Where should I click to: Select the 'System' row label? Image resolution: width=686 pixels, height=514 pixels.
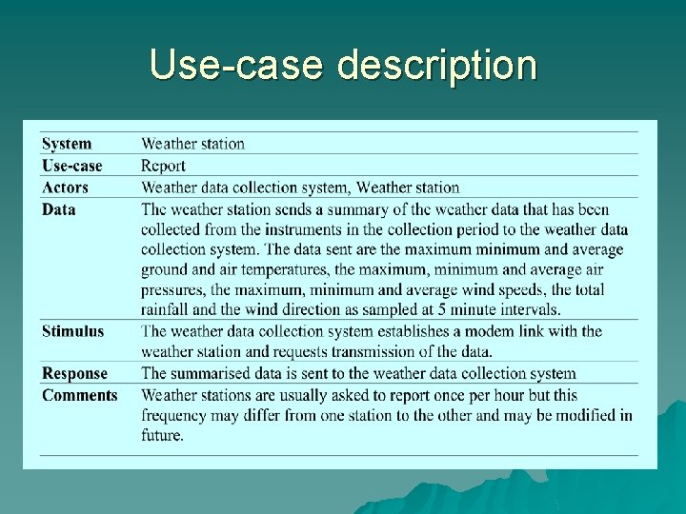coord(67,144)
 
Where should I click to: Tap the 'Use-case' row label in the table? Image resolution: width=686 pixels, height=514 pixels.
coord(71,166)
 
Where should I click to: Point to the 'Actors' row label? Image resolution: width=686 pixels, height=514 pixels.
coord(65,188)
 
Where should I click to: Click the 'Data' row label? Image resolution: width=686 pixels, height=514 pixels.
coord(58,209)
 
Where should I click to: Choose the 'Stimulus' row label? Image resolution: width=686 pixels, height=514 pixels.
coord(73,331)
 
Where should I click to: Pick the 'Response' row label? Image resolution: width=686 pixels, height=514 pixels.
coord(74,373)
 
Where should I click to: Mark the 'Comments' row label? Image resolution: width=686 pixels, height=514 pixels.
coord(80,395)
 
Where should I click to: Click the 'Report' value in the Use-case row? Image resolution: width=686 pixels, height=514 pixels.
coord(163,166)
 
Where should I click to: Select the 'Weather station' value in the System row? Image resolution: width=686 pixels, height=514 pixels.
coord(193,144)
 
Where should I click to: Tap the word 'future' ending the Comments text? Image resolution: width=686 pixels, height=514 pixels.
coord(161,435)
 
